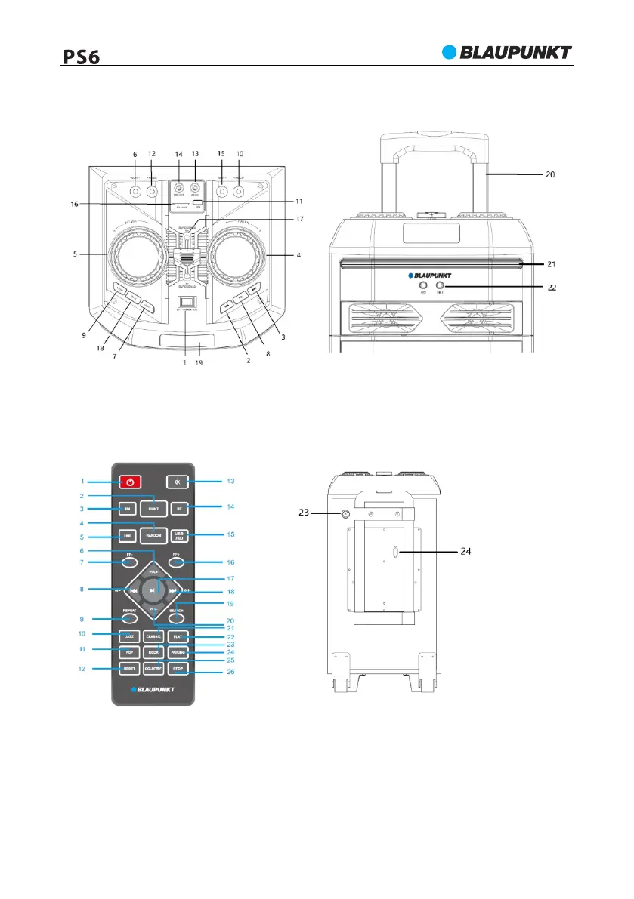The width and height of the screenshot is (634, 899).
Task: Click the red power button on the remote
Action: (131, 482)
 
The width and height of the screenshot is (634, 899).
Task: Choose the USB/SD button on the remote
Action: (179, 535)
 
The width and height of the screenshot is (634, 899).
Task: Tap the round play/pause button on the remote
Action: (153, 590)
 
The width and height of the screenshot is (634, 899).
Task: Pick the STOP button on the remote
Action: (178, 669)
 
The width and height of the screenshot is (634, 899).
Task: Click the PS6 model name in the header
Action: (82, 57)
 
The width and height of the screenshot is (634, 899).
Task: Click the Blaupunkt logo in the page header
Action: (506, 52)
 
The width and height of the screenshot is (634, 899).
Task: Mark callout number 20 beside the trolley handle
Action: (552, 173)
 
